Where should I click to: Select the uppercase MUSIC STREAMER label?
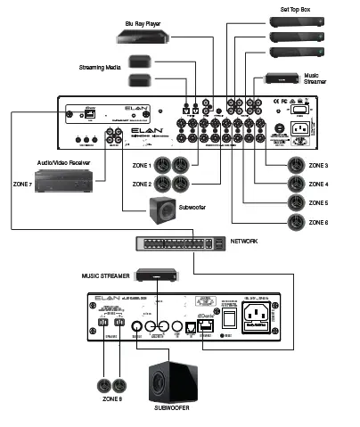click(108, 277)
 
